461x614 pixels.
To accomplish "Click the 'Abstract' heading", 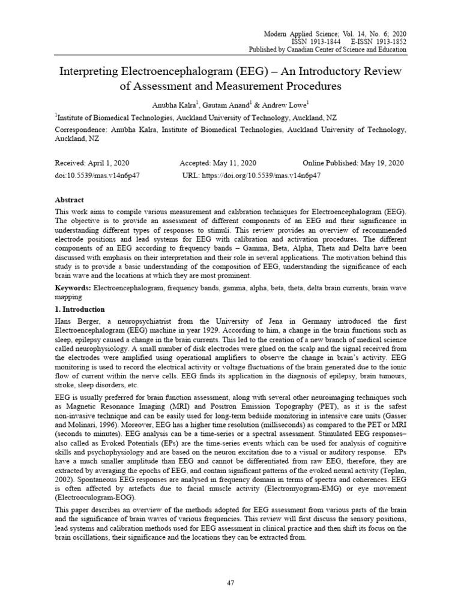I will click(69, 200).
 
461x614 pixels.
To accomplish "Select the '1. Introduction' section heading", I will click(80, 309).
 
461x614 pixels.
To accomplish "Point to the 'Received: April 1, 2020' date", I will click(92, 163).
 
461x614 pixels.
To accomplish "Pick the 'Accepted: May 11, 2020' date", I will click(218, 163).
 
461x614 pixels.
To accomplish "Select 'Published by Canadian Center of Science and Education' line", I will click(327, 49).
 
